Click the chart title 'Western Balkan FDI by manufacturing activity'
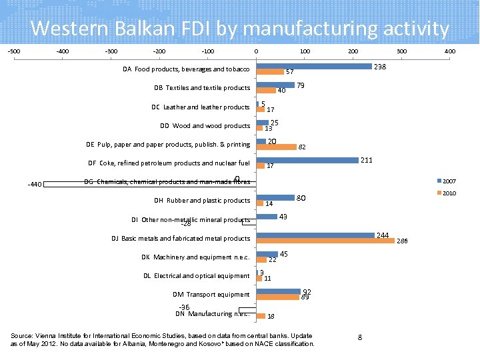[x=240, y=29]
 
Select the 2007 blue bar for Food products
[x=314, y=66]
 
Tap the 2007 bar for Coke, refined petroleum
[x=307, y=160]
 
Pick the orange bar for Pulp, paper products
[x=277, y=147]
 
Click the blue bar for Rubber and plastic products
[x=276, y=197]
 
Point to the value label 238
[x=380, y=67]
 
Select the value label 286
[x=402, y=242]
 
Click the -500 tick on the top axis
[x=13, y=51]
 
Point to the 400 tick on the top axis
[x=450, y=51]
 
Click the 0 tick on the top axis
[x=256, y=51]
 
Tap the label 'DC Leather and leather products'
[x=201, y=107]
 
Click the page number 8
[x=360, y=338]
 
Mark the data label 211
[x=366, y=161]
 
